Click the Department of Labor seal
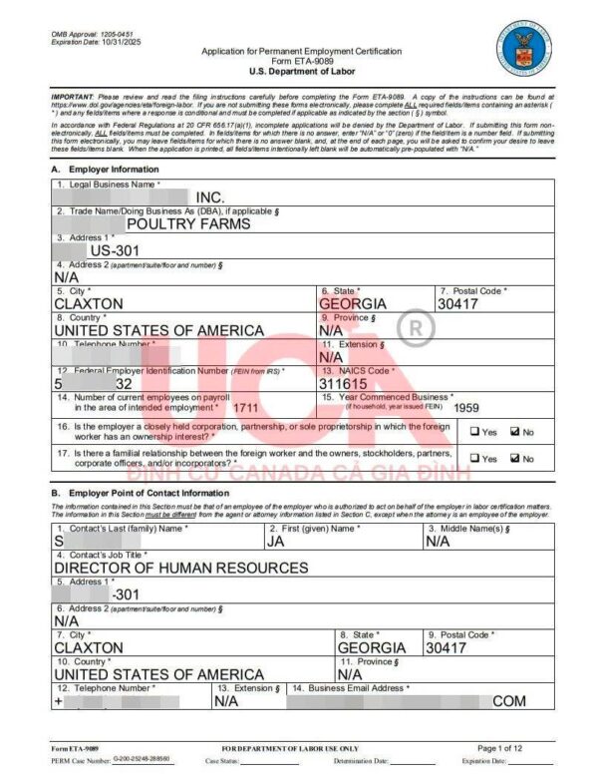coord(517,49)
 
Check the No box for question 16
coord(514,432)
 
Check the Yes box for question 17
coord(475,459)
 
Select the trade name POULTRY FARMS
coord(188,223)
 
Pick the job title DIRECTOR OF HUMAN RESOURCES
coord(180,568)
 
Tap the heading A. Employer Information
coord(105,170)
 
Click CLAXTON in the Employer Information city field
coord(89,303)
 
